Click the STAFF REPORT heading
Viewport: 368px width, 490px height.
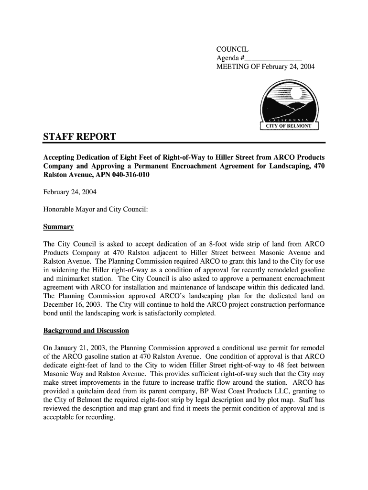point(79,137)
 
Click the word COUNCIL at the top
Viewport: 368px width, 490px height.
point(232,49)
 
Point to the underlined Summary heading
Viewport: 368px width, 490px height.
point(58,226)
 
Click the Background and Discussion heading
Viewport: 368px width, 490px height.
point(86,331)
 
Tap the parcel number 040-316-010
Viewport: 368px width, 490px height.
point(130,175)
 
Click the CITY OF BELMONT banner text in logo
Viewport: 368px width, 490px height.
point(288,126)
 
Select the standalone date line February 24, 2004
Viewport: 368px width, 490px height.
point(70,192)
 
